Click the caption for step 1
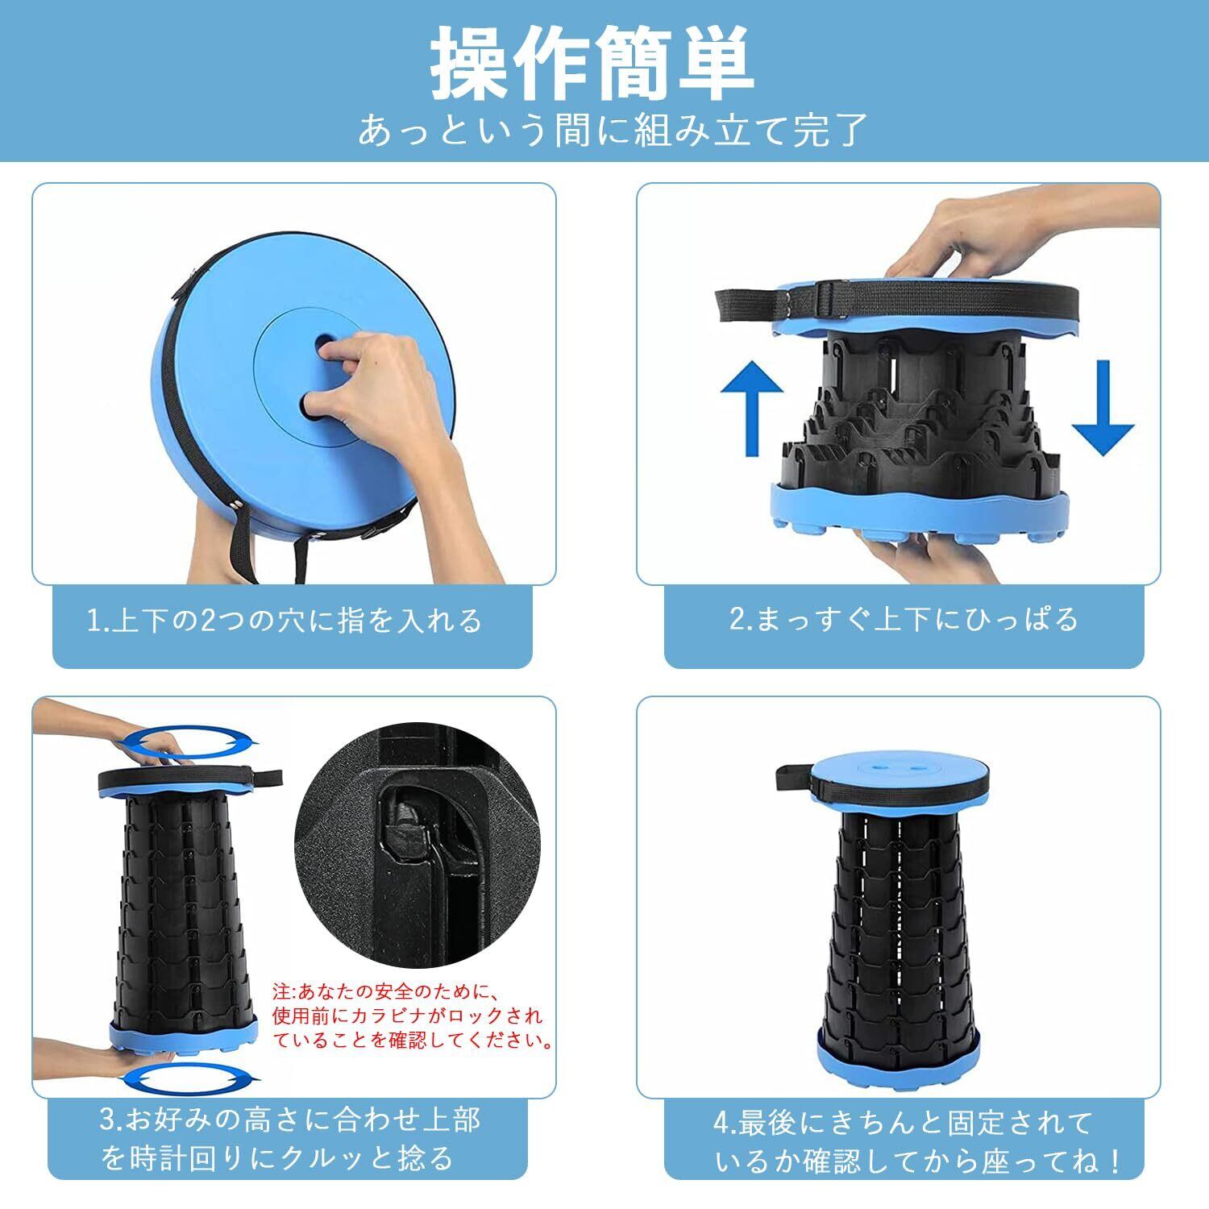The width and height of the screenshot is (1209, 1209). tap(285, 621)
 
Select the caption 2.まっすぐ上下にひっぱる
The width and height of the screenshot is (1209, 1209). tap(904, 619)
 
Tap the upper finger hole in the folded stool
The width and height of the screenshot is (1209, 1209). tap(324, 344)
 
